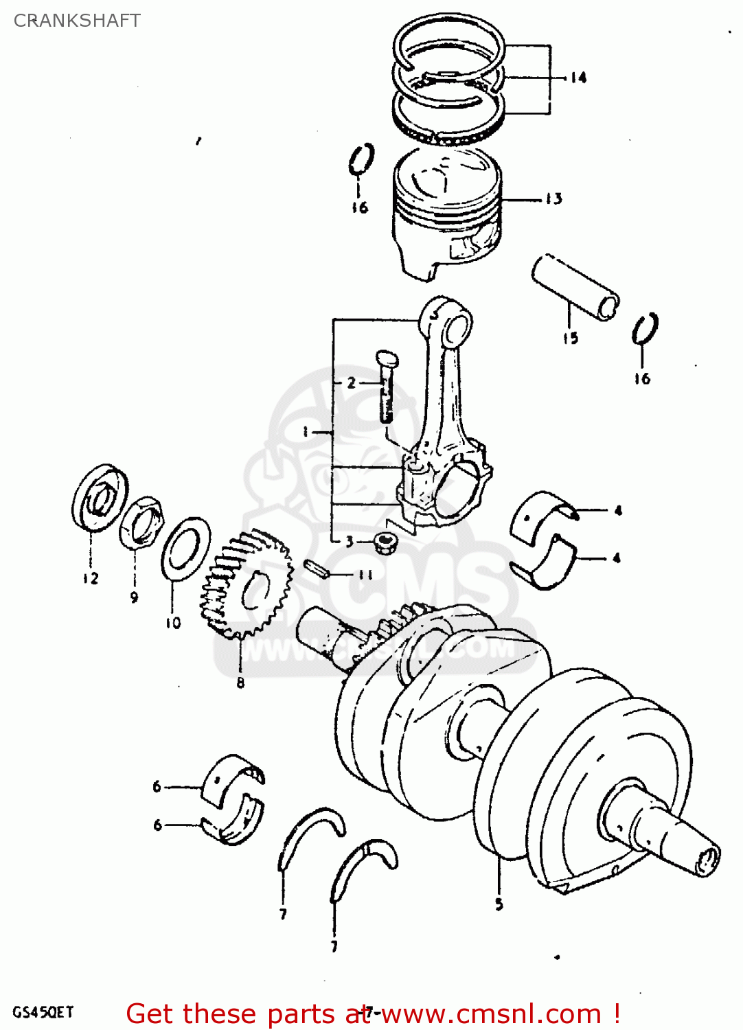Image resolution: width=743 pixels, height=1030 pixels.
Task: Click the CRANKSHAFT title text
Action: pos(77,21)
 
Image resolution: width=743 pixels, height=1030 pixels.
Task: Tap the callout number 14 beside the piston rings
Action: pos(578,78)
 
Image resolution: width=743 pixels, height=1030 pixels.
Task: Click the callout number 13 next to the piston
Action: pos(553,199)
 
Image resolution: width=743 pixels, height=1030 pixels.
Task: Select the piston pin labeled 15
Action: pos(575,287)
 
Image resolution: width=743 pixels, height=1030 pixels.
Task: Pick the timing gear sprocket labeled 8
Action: pos(246,584)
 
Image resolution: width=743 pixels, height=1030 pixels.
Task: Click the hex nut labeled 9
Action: pos(141,522)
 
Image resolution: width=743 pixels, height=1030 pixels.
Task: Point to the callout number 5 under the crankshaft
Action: pos(499,904)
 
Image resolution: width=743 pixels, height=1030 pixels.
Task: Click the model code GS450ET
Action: pos(43,1012)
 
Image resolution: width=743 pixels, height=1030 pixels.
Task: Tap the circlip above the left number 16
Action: pos(361,159)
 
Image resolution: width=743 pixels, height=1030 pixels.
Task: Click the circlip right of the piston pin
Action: pos(645,329)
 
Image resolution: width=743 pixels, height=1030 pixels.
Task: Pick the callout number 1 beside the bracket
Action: pos(307,432)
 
